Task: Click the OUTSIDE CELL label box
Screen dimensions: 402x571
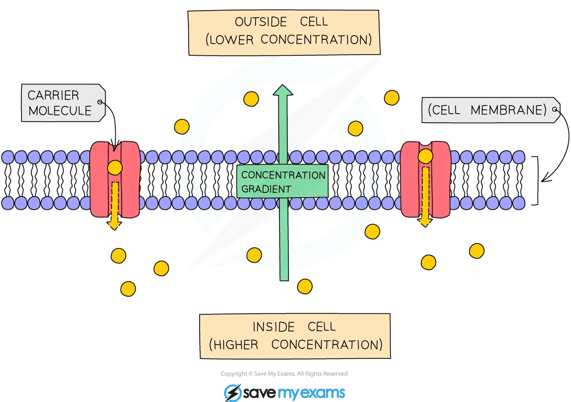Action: (x=284, y=31)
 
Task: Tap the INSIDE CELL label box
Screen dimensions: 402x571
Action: (x=293, y=336)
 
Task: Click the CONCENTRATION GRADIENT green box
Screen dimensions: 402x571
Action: (x=282, y=182)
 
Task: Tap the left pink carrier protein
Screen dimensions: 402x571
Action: (x=115, y=179)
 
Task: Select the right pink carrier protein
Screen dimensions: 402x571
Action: (x=425, y=179)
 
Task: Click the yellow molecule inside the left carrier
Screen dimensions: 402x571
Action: (x=115, y=168)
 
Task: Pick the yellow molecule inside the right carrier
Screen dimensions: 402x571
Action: (x=425, y=156)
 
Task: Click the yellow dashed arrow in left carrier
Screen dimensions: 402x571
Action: (x=114, y=204)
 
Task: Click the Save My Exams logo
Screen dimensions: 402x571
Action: (x=284, y=392)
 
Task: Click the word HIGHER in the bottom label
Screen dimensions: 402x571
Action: (x=236, y=345)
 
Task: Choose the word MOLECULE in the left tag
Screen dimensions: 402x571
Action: (x=60, y=111)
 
